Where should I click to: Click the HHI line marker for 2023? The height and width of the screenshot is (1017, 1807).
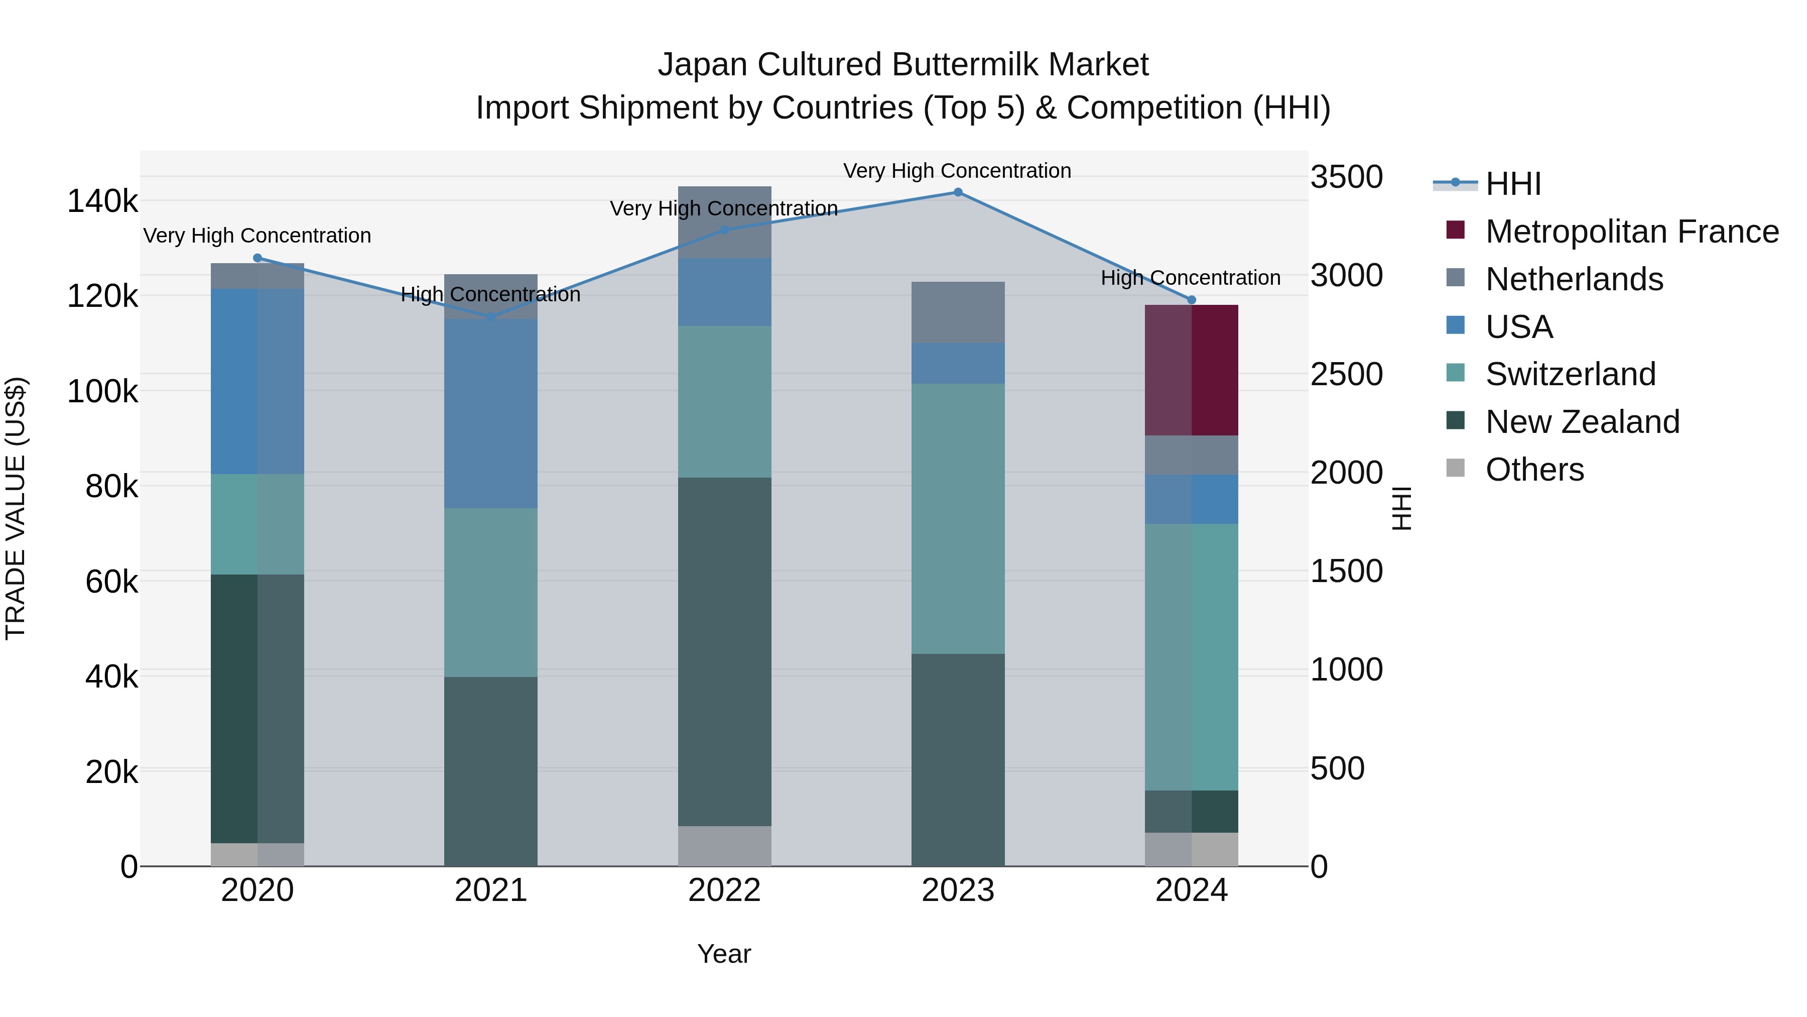click(x=958, y=192)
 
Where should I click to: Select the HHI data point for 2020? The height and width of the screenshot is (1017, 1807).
click(x=257, y=258)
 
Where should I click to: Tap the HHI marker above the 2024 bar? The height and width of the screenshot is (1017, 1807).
click(x=1191, y=300)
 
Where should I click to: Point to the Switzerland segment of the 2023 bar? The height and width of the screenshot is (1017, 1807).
click(x=958, y=519)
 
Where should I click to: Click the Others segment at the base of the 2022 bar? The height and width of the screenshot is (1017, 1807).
click(x=725, y=846)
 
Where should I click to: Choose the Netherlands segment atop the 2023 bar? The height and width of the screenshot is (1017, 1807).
click(x=958, y=312)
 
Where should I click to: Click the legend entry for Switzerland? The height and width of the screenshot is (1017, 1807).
click(x=1570, y=374)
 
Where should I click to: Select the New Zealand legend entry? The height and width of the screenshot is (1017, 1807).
click(x=1582, y=422)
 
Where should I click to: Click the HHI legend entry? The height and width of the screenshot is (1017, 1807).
click(x=1512, y=184)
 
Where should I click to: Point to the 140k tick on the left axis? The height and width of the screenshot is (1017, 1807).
click(x=102, y=201)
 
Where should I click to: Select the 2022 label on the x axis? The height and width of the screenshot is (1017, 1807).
click(x=725, y=890)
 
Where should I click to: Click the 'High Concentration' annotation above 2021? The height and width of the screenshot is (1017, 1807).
click(x=490, y=295)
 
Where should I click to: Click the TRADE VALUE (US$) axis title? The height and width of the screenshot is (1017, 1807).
click(x=16, y=508)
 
